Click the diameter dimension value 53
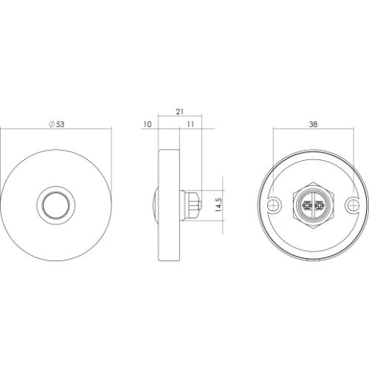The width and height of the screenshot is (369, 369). (60, 125)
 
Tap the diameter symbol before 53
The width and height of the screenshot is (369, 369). (51, 125)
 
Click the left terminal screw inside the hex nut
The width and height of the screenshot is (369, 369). (306, 204)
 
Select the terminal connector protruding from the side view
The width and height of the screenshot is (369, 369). (193, 204)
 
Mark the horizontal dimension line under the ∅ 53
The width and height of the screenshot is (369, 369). (56, 131)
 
